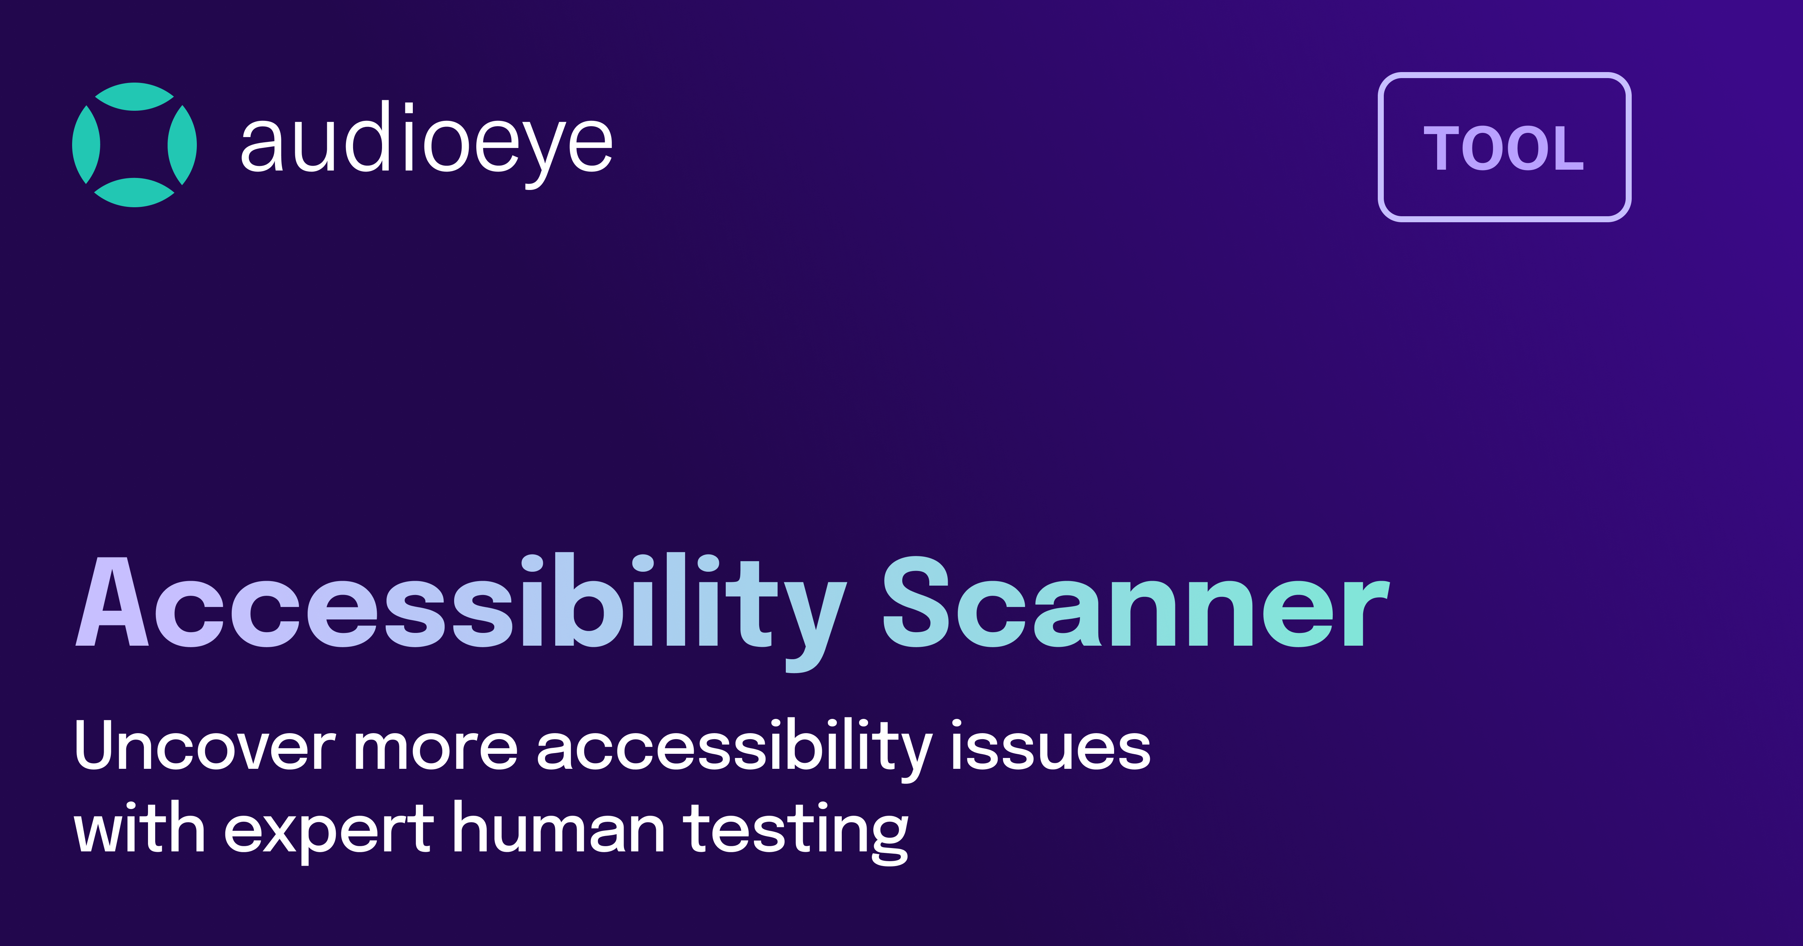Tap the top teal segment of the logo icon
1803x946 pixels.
click(x=134, y=96)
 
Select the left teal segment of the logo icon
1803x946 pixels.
click(x=86, y=145)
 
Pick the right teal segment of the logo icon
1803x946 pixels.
click(x=183, y=145)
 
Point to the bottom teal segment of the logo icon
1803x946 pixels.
click(x=134, y=193)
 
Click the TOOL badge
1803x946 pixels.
click(x=1504, y=147)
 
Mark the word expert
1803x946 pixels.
click(x=329, y=831)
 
